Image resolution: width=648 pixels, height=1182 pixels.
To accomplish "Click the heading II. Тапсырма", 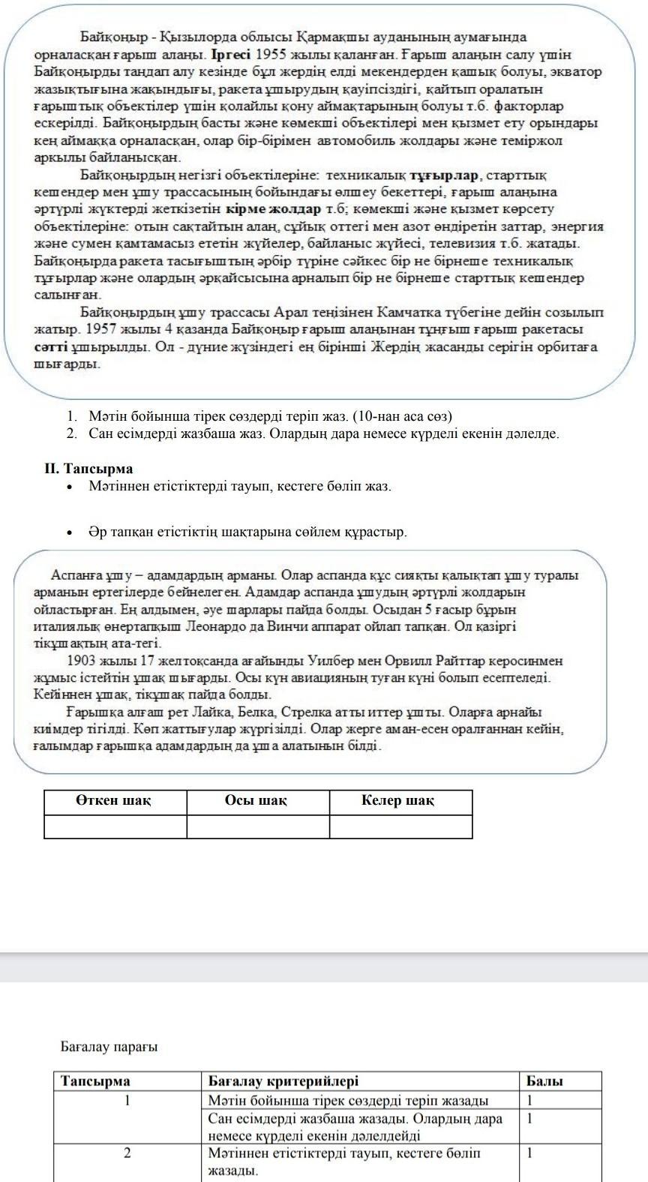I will [88, 469].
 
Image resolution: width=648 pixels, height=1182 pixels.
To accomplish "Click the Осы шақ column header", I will [256, 801].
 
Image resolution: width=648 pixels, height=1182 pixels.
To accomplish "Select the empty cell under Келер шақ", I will [400, 826].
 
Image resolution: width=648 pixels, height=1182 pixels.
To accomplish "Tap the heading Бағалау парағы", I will [109, 1046].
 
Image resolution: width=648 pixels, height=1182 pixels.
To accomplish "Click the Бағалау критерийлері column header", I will [283, 1081].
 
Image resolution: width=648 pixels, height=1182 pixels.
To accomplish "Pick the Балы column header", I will [544, 1081].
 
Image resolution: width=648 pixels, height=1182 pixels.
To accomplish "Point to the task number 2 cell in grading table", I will [127, 1153].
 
